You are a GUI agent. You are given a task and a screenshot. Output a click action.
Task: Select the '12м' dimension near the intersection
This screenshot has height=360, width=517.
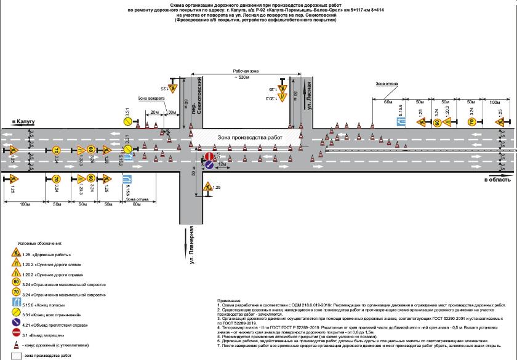tap(221, 165)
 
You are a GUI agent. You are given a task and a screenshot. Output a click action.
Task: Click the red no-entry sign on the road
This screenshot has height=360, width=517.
tap(209, 156)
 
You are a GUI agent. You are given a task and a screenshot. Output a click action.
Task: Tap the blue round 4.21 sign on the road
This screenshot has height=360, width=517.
tap(209, 165)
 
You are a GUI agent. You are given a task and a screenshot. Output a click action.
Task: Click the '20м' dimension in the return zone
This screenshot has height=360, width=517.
tap(153, 112)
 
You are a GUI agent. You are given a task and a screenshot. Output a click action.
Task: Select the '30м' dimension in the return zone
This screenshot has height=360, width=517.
tap(172, 112)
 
